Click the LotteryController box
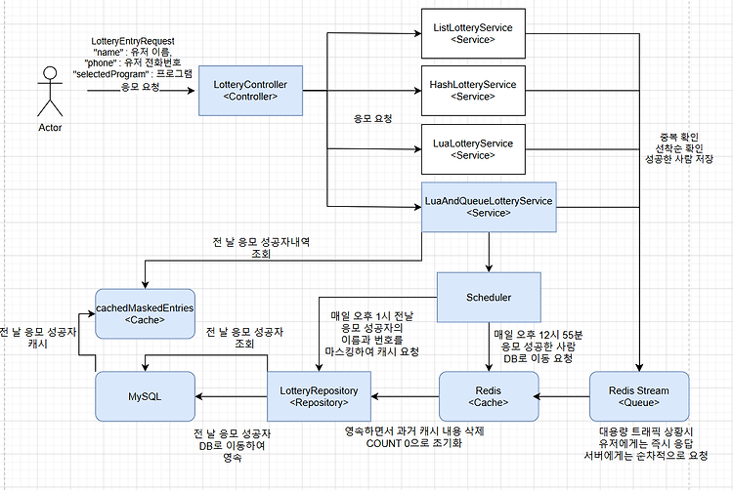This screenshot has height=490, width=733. pyautogui.click(x=250, y=91)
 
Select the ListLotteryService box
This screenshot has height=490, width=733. pyautogui.click(x=473, y=33)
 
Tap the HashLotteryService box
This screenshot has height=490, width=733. pyautogui.click(x=473, y=91)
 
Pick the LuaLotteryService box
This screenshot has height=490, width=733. pyautogui.click(x=473, y=149)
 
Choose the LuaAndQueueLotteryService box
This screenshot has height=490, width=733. pyautogui.click(x=489, y=207)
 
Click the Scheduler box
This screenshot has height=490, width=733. pyautogui.click(x=489, y=298)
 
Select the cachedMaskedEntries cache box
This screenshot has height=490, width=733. pyautogui.click(x=145, y=313)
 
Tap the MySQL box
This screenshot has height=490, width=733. pyautogui.click(x=145, y=396)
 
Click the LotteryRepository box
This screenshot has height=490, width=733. pyautogui.click(x=319, y=396)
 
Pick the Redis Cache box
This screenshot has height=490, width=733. pyautogui.click(x=489, y=396)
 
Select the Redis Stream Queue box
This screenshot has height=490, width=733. pyautogui.click(x=639, y=396)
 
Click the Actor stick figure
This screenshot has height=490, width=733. pyautogui.click(x=50, y=92)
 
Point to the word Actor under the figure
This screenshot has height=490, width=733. pyautogui.click(x=50, y=128)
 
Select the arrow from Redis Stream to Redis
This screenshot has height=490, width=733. pyautogui.click(x=561, y=396)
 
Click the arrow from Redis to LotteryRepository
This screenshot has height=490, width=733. pyautogui.click(x=405, y=396)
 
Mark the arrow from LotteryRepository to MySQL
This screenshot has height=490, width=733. pyautogui.click(x=231, y=396)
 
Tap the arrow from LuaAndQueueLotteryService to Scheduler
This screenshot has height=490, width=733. pyautogui.click(x=489, y=252)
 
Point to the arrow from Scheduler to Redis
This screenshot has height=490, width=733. pyautogui.click(x=489, y=347)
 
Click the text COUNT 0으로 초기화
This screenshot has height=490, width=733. pyautogui.click(x=414, y=443)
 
